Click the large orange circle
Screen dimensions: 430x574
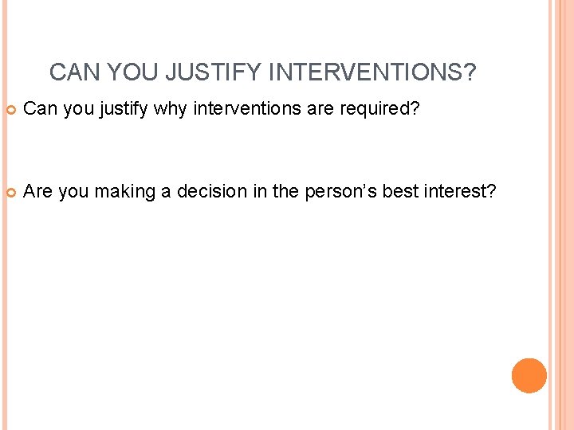pyautogui.click(x=529, y=376)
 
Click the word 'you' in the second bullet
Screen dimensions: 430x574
pyautogui.click(x=74, y=191)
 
